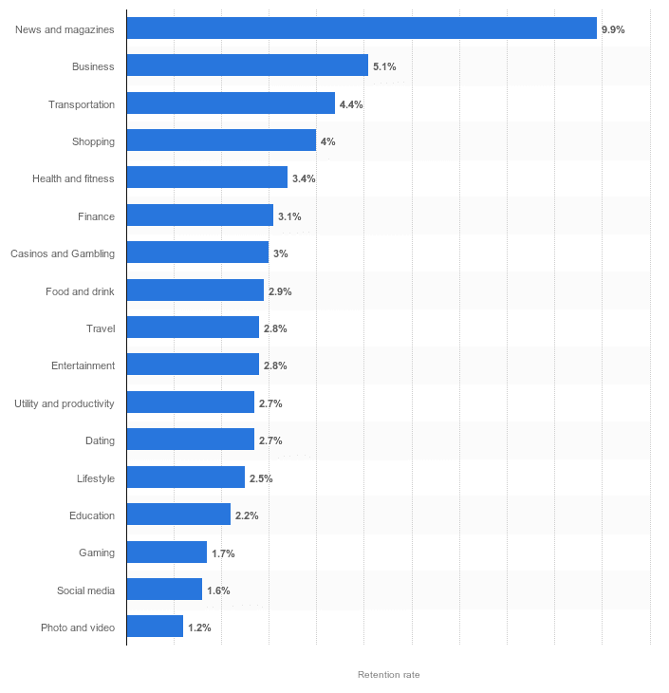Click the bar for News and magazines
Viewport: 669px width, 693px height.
click(362, 28)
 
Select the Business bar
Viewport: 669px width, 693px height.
click(247, 66)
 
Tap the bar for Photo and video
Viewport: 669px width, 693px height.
click(155, 627)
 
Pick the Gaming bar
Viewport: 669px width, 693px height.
click(166, 553)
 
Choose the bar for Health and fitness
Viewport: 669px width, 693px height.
click(207, 178)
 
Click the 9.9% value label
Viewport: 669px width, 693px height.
click(613, 29)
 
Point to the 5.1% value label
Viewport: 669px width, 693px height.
click(384, 66)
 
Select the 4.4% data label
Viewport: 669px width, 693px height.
click(351, 104)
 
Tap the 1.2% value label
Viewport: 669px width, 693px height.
click(199, 627)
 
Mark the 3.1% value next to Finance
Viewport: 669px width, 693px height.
click(289, 216)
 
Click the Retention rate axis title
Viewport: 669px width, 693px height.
click(388, 674)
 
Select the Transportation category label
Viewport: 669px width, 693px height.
click(82, 104)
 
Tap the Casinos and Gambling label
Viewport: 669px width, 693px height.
click(63, 253)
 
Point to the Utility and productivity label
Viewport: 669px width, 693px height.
click(65, 403)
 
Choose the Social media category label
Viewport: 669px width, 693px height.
click(85, 590)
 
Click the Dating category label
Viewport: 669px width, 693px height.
click(100, 440)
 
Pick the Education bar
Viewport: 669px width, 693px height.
click(178, 515)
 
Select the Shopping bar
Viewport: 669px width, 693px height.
click(221, 140)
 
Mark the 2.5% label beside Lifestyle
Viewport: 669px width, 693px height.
click(261, 478)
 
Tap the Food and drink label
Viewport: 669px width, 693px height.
click(80, 291)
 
